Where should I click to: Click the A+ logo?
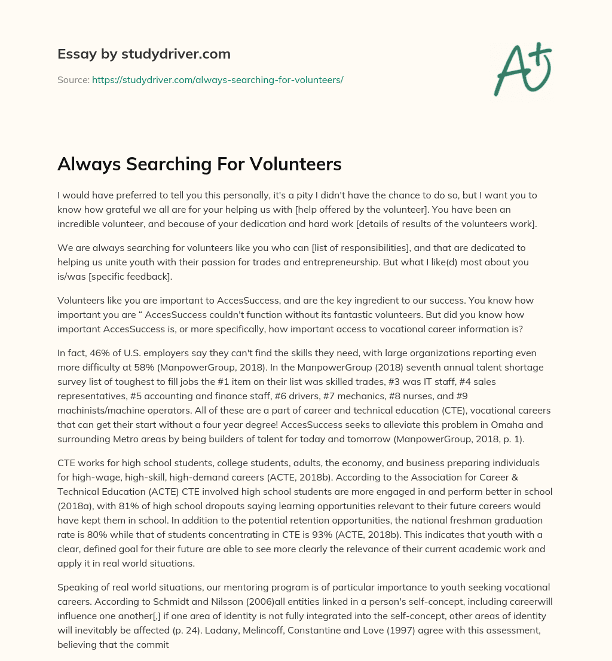pyautogui.click(x=522, y=69)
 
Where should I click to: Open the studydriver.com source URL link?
pyautogui.click(x=218, y=79)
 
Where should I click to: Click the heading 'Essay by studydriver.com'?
pyautogui.click(x=143, y=54)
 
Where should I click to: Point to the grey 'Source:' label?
pyautogui.click(x=73, y=79)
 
